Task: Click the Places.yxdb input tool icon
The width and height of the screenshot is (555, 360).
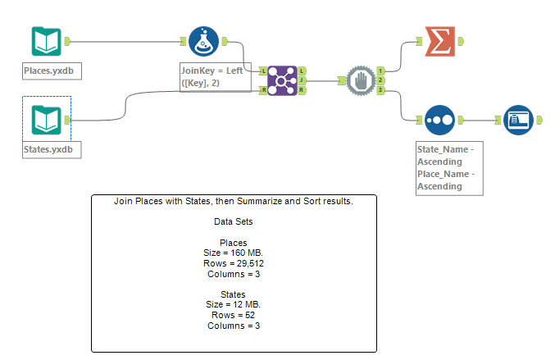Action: click(x=46, y=41)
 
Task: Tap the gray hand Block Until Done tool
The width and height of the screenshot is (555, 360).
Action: click(x=361, y=80)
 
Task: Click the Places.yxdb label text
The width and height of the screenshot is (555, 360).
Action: click(x=52, y=71)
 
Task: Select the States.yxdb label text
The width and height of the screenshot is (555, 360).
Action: click(x=52, y=149)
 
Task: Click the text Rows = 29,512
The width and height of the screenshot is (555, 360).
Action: click(x=234, y=263)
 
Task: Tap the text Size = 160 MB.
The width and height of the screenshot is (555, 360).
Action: click(x=234, y=253)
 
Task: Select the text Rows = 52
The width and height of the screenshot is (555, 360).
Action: click(x=234, y=315)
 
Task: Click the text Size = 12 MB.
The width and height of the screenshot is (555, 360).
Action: click(x=234, y=304)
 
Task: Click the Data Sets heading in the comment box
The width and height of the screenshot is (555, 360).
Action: click(x=234, y=221)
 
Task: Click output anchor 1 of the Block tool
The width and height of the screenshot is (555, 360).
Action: click(x=381, y=71)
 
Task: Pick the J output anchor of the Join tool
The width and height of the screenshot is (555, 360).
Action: click(x=303, y=80)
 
